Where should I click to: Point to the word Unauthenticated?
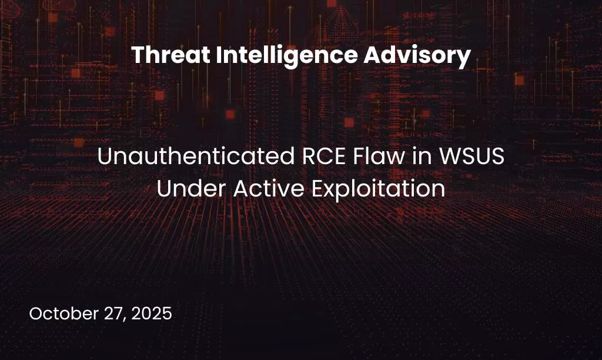(189, 157)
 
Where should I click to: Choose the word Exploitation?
(377, 189)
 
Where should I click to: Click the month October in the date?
(63, 314)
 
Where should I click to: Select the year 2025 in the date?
(152, 314)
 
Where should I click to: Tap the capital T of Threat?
(136, 56)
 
